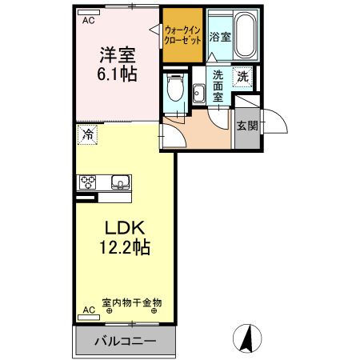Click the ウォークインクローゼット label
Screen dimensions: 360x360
point(181,34)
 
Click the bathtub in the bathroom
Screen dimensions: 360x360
point(241,34)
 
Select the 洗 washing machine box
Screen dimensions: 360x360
point(243,78)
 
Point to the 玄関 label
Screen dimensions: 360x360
point(246,126)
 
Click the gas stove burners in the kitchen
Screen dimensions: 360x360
point(87,182)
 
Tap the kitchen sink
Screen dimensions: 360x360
point(120,182)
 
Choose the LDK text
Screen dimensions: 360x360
point(117,226)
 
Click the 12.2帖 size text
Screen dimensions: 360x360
point(117,248)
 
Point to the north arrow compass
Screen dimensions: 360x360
point(249,338)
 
